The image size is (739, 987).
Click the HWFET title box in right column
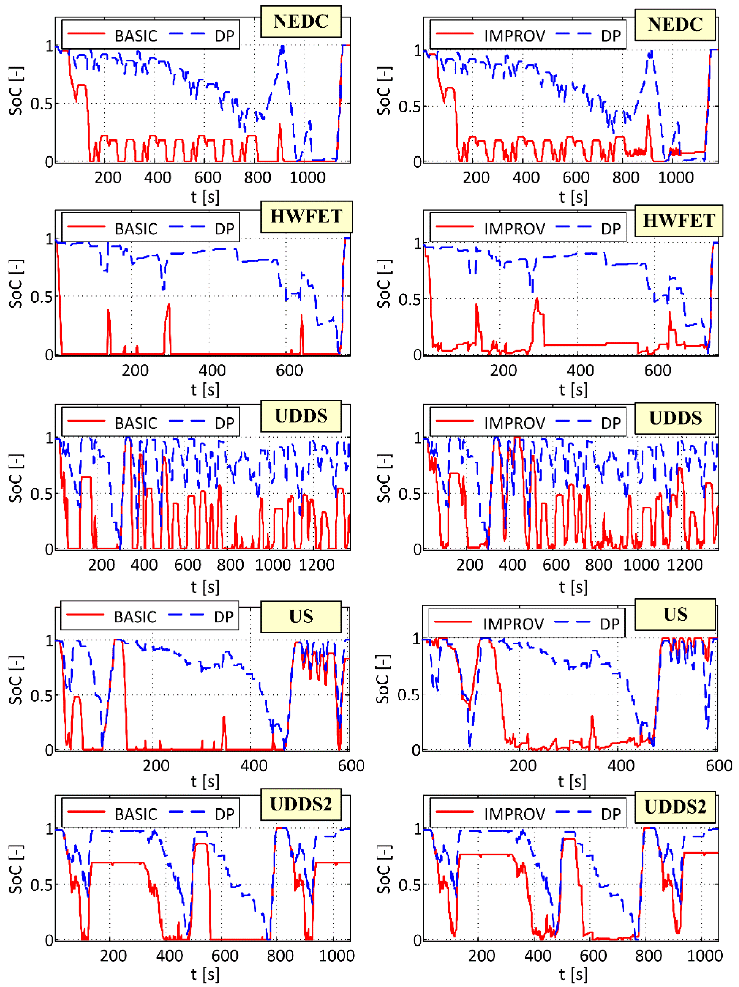point(678,221)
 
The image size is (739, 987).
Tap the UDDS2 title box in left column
point(301,804)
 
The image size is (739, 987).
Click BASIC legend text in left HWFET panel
point(136,229)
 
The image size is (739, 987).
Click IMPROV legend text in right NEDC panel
point(514,36)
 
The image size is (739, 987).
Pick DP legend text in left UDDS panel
point(225,423)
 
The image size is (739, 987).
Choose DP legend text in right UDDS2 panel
point(611,814)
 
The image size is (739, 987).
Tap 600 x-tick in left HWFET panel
point(289,370)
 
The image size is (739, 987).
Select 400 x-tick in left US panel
point(253,766)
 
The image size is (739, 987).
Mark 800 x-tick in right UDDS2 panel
point(648,956)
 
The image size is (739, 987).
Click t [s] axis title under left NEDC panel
point(205,197)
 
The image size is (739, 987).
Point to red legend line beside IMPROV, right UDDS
point(454,421)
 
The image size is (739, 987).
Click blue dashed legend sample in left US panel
point(187,615)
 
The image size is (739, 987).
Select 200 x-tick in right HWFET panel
point(503,370)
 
